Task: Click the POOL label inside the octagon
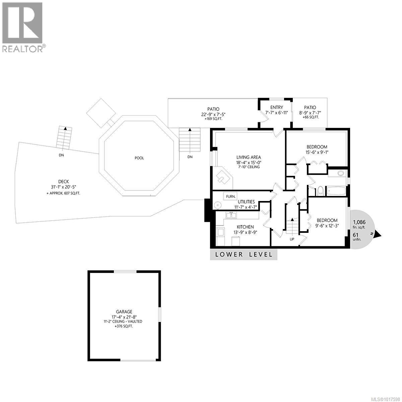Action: [139, 158]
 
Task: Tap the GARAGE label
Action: [124, 312]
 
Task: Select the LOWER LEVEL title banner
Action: [244, 254]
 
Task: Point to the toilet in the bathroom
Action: [320, 191]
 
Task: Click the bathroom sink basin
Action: [341, 173]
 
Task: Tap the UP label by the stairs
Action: [292, 239]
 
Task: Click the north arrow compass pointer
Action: [378, 235]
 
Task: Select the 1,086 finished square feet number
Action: [359, 222]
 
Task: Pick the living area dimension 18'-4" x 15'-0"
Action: [249, 162]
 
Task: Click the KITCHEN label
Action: [245, 227]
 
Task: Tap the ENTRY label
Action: [274, 108]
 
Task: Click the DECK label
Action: [63, 182]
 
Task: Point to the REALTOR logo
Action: [23, 27]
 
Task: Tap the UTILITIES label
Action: [246, 202]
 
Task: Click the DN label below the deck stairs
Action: [61, 155]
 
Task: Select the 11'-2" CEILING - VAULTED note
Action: [123, 321]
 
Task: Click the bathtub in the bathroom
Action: [336, 192]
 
